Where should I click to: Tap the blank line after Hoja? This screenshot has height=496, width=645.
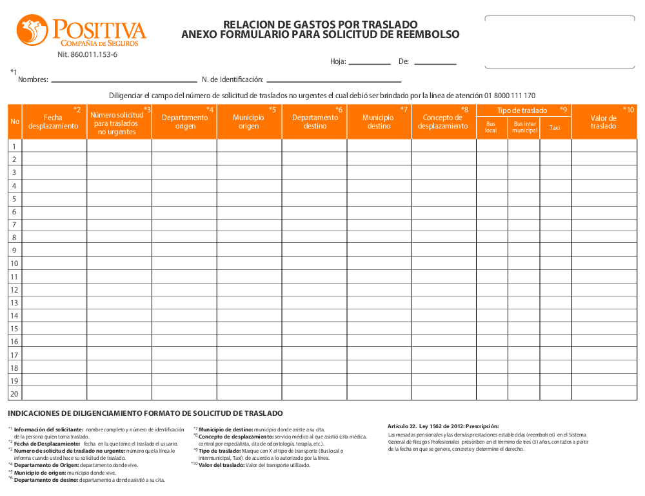click(x=370, y=63)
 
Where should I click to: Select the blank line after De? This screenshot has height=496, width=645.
click(x=435, y=63)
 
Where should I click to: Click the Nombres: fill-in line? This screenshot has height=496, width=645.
click(x=123, y=81)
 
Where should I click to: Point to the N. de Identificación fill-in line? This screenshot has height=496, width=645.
click(x=334, y=81)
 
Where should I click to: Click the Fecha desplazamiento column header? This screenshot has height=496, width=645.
click(x=54, y=121)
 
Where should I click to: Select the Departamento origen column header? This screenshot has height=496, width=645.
click(x=184, y=121)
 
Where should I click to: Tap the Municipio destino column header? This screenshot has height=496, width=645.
click(x=379, y=121)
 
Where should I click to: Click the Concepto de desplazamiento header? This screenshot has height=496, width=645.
click(x=443, y=121)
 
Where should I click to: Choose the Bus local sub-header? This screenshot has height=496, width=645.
click(x=491, y=127)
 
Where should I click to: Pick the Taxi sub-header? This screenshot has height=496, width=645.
click(x=555, y=128)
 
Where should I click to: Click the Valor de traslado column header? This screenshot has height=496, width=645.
click(x=604, y=121)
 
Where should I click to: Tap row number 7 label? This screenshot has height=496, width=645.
click(x=14, y=224)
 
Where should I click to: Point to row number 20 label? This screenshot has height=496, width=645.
click(x=14, y=394)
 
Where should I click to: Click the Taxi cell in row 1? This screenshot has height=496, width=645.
click(x=555, y=146)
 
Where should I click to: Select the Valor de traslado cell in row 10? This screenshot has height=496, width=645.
click(x=604, y=263)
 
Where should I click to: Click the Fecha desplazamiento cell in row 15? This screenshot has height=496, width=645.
click(x=54, y=329)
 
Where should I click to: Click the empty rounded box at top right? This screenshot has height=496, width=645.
click(x=559, y=41)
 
